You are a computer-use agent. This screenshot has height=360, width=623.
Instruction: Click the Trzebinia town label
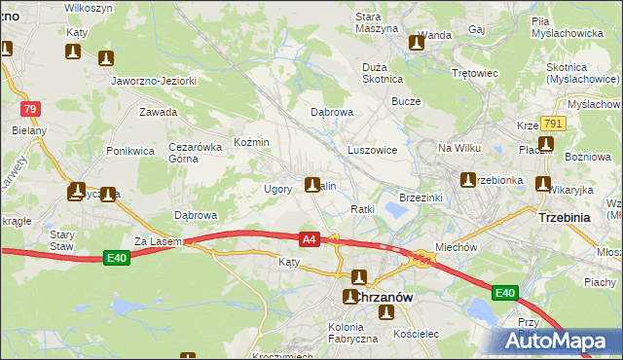coord(564,218)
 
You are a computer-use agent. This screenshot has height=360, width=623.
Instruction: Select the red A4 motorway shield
coord(309,238)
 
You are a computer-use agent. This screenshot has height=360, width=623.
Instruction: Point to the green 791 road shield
coord(553,124)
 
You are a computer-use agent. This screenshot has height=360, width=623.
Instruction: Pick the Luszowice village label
coord(372,151)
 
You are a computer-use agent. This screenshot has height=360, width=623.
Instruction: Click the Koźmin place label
coord(251,142)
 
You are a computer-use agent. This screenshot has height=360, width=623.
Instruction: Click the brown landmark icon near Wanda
coord(419,42)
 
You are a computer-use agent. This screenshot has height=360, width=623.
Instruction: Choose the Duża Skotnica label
coord(382,72)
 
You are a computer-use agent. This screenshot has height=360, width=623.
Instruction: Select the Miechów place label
coord(456,247)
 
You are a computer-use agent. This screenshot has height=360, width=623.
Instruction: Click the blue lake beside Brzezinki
coord(396,208)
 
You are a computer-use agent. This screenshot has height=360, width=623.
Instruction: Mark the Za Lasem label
coord(152,240)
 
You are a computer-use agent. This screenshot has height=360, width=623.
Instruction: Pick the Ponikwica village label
coord(130,151)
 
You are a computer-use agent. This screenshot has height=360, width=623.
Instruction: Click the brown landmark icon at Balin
coord(312,184)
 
